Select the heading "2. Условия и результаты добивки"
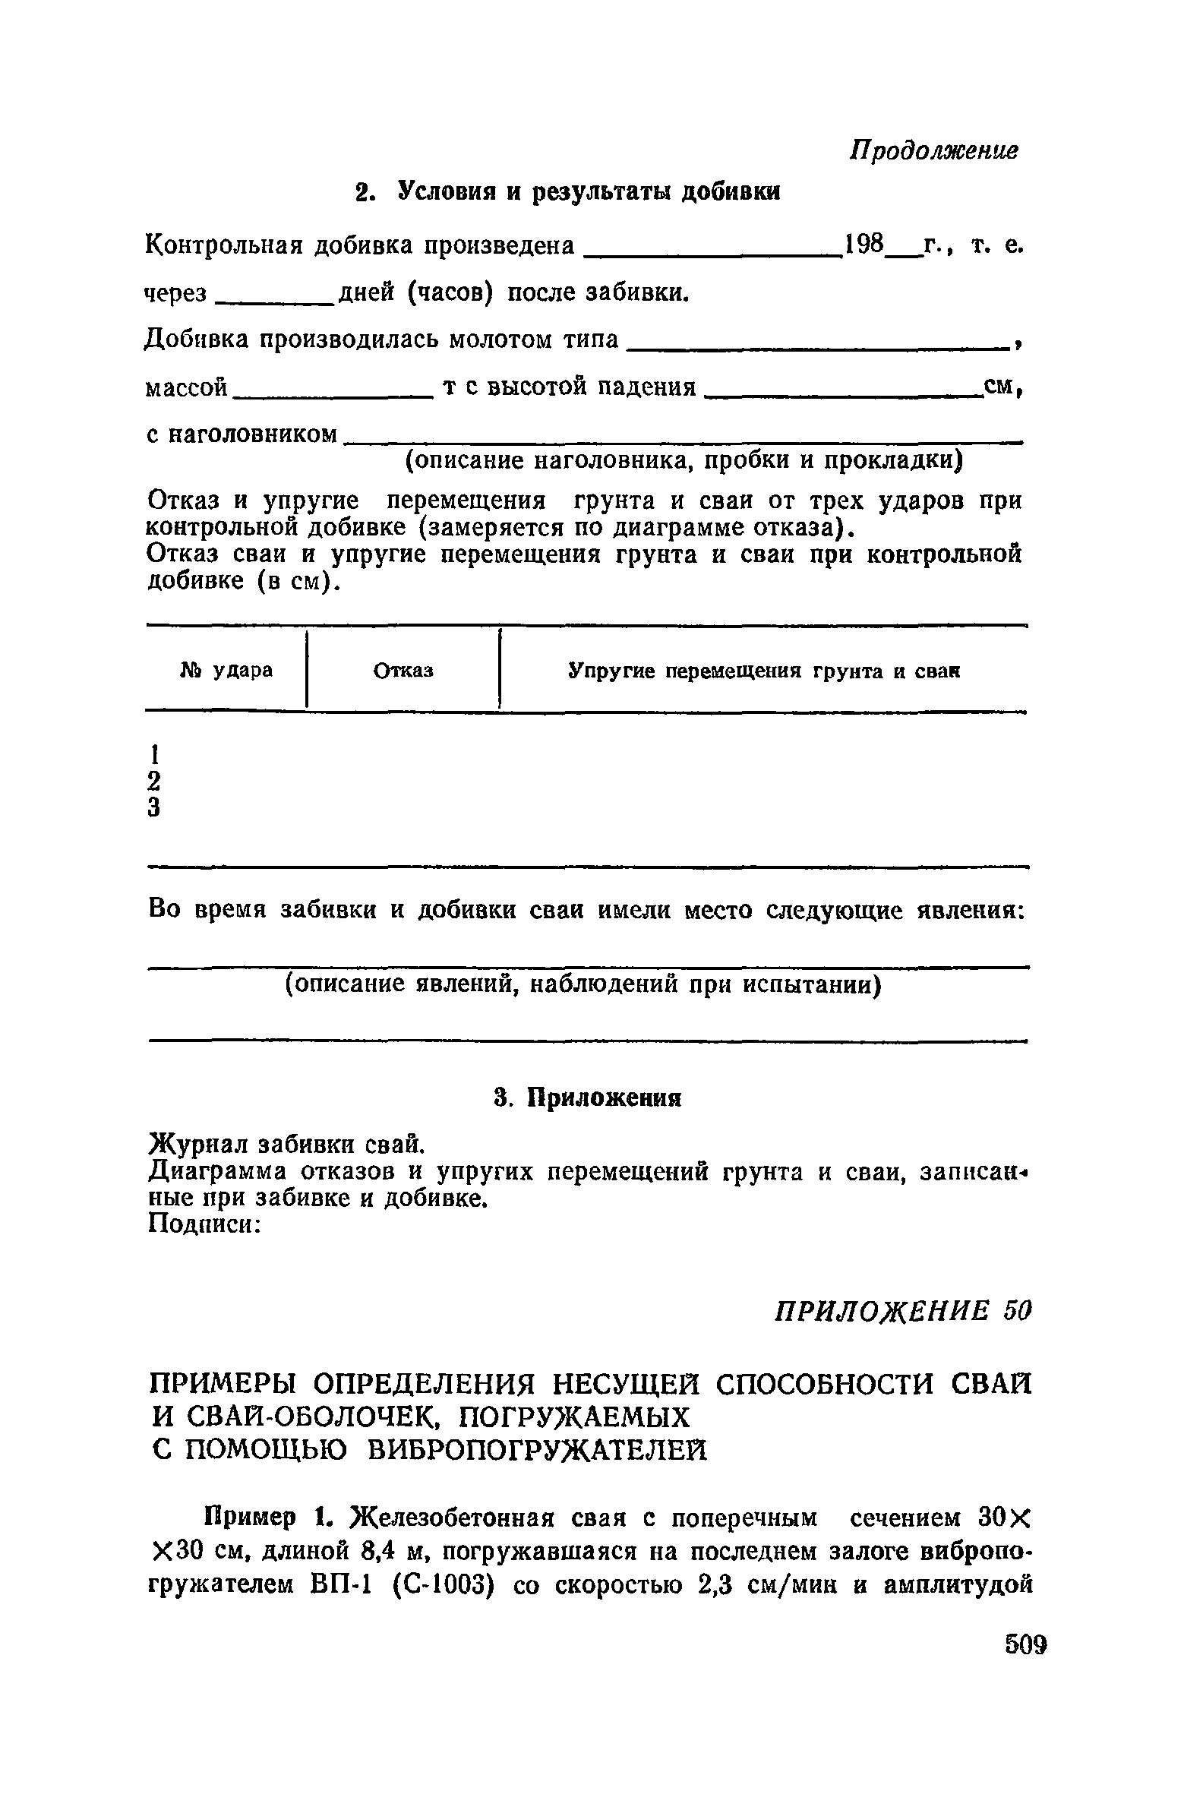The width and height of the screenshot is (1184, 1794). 569,191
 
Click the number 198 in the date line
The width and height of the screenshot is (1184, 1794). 866,245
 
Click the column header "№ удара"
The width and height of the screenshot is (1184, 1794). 226,671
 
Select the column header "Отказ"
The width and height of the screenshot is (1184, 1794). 403,671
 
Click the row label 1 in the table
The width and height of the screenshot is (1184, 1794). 154,754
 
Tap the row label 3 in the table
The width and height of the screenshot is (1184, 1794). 154,807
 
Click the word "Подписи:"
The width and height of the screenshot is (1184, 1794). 206,1224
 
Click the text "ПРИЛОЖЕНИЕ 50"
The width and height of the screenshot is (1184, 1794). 902,1309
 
